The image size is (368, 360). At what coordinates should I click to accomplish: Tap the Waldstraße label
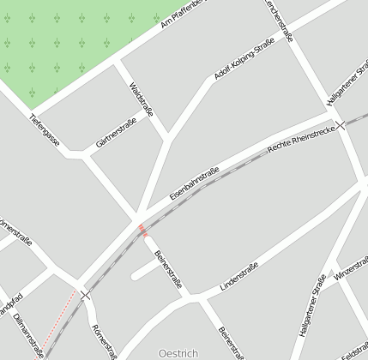click(141, 101)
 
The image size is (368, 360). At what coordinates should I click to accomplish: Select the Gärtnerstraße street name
click(117, 135)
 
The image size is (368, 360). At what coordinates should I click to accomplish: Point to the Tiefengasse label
click(44, 129)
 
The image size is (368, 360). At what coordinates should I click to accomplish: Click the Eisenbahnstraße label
click(194, 183)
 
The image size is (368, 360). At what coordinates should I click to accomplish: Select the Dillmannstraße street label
click(28, 334)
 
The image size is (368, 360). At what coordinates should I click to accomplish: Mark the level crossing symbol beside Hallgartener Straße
click(341, 124)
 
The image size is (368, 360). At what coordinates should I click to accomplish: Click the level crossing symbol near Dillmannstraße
click(85, 295)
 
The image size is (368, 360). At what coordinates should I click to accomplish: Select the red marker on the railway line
click(142, 229)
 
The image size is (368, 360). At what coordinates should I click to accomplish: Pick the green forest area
click(60, 43)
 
